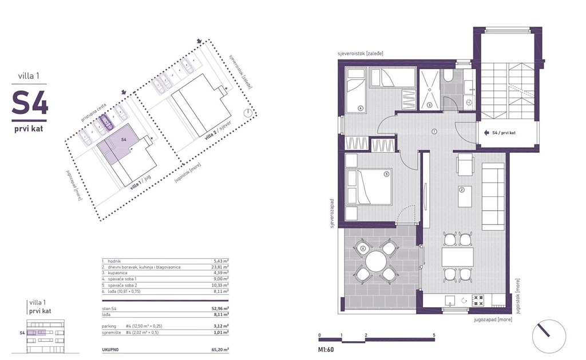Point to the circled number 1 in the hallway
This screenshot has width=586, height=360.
tap(434, 131)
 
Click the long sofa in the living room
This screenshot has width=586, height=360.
tap(492, 196)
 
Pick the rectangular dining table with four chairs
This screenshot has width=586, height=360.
tap(457, 257)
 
